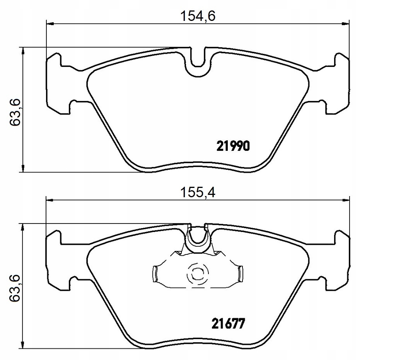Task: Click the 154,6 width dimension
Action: click(x=198, y=16)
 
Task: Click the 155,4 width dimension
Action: click(x=198, y=193)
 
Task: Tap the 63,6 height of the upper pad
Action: click(x=15, y=113)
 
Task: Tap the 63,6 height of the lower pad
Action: click(x=15, y=288)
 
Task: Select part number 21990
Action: click(x=233, y=146)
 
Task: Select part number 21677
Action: click(x=229, y=324)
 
